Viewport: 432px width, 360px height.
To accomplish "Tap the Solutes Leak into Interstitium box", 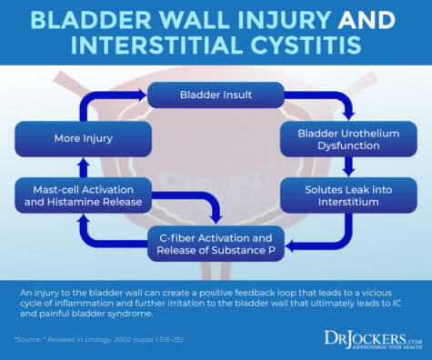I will point(347,195).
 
